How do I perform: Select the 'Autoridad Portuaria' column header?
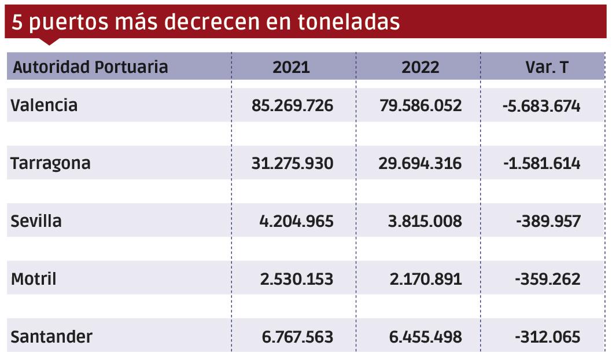[x=90, y=67]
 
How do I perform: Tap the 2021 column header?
[x=291, y=67]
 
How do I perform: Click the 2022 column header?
[x=421, y=67]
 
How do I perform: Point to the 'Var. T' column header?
[x=547, y=67]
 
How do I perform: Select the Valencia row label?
[x=44, y=105]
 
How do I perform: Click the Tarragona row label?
[x=51, y=163]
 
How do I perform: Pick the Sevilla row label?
[x=36, y=221]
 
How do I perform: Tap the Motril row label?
[x=34, y=279]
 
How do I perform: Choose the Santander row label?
[x=51, y=337]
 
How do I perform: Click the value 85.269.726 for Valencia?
[x=292, y=105]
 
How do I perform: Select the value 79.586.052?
[x=421, y=105]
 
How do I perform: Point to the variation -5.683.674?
[x=541, y=105]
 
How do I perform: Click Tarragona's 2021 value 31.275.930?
[x=292, y=163]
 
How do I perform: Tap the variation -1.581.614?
[x=541, y=163]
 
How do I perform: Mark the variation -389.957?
[x=547, y=221]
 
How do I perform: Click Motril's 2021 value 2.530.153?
[x=297, y=279]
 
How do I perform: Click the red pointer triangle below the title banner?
[x=49, y=42]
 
